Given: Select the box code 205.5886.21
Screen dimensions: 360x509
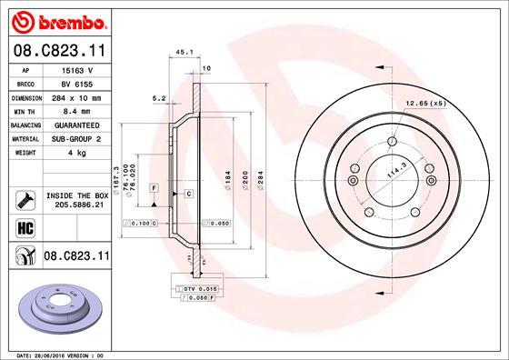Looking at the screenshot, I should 75,205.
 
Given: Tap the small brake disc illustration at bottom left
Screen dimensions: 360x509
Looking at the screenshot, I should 55,305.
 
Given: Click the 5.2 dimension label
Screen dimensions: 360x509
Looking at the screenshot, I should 159,98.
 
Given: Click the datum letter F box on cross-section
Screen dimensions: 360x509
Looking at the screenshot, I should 155,187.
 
